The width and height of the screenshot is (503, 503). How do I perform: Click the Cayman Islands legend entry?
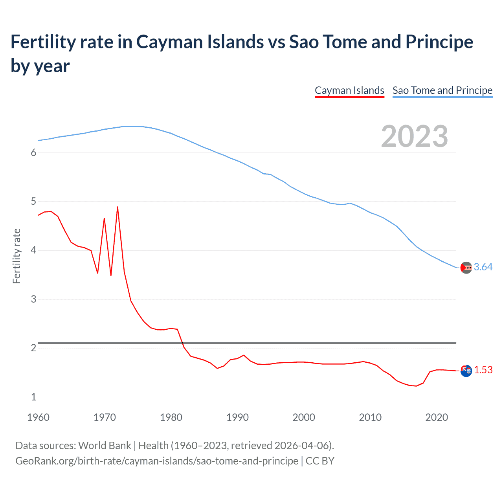tap(349, 90)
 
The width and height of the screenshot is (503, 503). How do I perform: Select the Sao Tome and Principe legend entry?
tap(442, 90)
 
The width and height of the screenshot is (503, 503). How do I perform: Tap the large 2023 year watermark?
tap(414, 136)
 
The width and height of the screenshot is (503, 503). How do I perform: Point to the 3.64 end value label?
tap(483, 267)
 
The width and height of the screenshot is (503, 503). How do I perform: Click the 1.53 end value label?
tap(483, 370)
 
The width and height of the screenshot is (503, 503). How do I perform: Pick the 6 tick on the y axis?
tap(33, 153)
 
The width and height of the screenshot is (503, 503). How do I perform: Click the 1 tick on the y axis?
tap(33, 397)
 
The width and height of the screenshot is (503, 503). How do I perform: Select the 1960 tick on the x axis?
tap(38, 417)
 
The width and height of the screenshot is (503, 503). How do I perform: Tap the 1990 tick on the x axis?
tap(237, 417)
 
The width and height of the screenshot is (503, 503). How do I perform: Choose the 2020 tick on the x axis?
tap(437, 417)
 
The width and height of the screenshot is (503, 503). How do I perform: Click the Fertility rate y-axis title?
tap(17, 256)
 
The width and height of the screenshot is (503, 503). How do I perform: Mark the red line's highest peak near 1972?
tap(117, 207)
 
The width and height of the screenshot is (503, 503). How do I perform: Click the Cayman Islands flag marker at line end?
tap(466, 371)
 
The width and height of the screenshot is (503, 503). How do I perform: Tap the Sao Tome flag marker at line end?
tap(466, 268)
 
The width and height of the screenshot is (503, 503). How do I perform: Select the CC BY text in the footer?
tap(320, 461)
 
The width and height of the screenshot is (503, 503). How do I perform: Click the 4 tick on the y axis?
tap(33, 250)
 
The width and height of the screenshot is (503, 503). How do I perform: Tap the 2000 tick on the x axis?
tap(304, 417)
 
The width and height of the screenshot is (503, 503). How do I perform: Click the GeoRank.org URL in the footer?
tap(156, 461)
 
